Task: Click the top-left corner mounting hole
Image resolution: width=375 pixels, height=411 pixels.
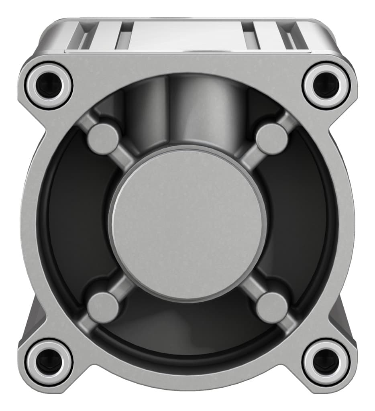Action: [49, 85]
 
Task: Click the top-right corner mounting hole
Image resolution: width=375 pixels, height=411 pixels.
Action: [326, 85]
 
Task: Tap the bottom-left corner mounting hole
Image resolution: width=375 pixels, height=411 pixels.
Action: [49, 362]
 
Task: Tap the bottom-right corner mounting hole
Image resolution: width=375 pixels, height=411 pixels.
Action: [326, 362]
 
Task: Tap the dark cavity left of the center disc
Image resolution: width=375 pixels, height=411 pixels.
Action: [76, 225]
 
